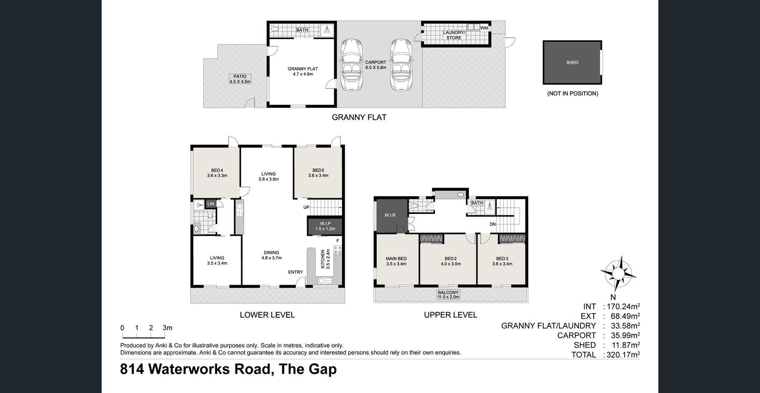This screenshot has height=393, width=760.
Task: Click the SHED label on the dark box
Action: (572, 62)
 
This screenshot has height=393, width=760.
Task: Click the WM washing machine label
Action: (484, 28)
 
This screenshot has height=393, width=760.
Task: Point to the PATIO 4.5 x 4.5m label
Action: (240, 79)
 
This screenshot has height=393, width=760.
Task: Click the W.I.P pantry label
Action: (325, 226)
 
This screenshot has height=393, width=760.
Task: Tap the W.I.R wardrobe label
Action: (390, 215)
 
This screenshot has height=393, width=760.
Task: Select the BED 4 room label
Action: (217, 173)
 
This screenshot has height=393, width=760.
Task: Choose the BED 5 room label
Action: (318, 173)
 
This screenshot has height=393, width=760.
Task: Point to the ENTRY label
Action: (295, 272)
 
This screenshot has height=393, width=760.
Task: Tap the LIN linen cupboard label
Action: (210, 204)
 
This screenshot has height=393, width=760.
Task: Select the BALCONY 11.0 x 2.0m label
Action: (448, 295)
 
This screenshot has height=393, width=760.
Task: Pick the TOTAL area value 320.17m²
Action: (622, 355)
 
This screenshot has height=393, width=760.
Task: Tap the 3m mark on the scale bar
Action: (167, 328)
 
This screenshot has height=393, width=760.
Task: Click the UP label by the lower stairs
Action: (306, 207)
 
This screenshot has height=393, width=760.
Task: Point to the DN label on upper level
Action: (492, 224)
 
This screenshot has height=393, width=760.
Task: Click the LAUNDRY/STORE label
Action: (454, 35)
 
